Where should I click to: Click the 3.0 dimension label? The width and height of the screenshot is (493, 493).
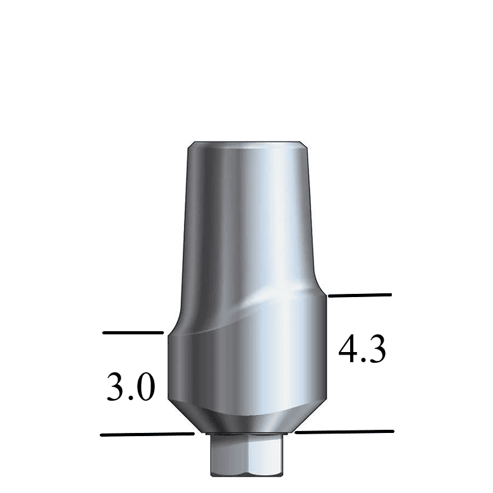[x=131, y=387]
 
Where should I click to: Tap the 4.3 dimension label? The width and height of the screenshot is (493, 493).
[x=362, y=350]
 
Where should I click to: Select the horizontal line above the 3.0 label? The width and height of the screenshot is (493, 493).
[x=133, y=332]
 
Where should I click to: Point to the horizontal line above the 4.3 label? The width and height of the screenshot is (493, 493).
[x=360, y=295]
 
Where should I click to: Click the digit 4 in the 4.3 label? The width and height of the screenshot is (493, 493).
[x=348, y=350]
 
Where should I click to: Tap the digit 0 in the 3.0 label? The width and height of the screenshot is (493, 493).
[x=144, y=387]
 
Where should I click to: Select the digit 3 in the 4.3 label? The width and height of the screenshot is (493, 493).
[x=375, y=350]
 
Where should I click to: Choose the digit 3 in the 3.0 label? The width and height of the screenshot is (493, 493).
[x=116, y=387]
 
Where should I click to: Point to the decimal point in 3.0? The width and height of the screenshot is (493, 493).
[x=130, y=399]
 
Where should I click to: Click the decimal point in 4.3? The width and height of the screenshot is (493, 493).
[x=363, y=361]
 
